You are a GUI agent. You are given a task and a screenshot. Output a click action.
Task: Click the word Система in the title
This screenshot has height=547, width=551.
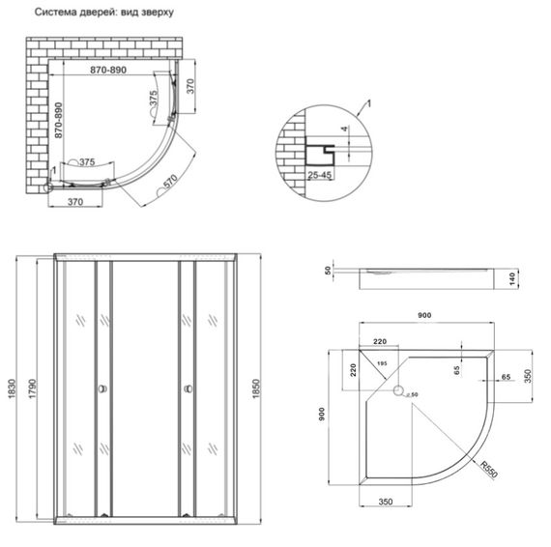tap(58, 14)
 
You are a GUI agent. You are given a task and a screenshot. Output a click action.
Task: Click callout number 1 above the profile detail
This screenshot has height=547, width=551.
tap(366, 101)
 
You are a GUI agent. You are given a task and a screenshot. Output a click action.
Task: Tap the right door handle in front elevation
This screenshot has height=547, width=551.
tap(183, 389)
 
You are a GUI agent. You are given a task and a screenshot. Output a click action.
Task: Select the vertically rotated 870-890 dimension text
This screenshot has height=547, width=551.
tap(58, 123)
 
